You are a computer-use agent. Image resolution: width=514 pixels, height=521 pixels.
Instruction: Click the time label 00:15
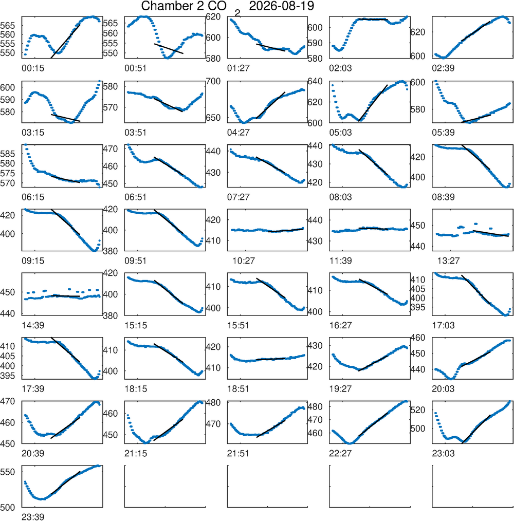point(33,68)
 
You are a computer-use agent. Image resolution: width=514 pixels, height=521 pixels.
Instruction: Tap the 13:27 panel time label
point(448,261)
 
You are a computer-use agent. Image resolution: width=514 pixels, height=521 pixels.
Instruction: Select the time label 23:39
point(33,517)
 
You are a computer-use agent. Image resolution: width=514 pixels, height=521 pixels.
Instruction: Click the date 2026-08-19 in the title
point(281,6)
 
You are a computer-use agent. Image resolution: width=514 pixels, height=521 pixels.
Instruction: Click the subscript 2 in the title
point(237,13)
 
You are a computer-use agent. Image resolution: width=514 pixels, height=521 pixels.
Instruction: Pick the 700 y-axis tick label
point(213,81)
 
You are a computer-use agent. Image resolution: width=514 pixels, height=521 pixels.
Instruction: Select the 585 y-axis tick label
point(8,154)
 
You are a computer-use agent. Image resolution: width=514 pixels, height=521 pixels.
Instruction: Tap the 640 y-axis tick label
point(315,81)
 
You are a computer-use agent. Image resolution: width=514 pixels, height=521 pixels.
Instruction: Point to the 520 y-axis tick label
point(418,410)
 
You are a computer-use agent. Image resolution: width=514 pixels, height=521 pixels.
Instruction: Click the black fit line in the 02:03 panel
point(373,20)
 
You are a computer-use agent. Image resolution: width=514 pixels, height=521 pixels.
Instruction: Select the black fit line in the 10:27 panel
point(286,230)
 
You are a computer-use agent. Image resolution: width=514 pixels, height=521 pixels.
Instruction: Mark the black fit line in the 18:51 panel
point(271,359)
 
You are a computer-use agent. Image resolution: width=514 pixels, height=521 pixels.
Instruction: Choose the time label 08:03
point(340,197)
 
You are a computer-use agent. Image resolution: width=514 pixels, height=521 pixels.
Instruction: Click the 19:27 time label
point(340,389)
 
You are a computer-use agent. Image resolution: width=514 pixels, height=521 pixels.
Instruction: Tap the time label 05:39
point(443,133)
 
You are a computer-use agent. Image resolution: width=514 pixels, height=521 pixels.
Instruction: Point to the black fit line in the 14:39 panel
point(66,296)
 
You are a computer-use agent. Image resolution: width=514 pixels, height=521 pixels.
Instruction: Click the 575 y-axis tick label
point(8,174)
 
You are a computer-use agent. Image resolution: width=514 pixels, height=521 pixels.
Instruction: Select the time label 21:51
point(238,453)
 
